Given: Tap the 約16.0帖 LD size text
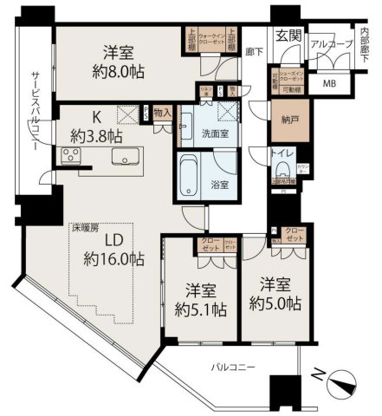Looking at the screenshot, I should (114, 258).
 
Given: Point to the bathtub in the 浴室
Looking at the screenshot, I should (189, 178).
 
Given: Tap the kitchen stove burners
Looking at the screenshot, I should (71, 157).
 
